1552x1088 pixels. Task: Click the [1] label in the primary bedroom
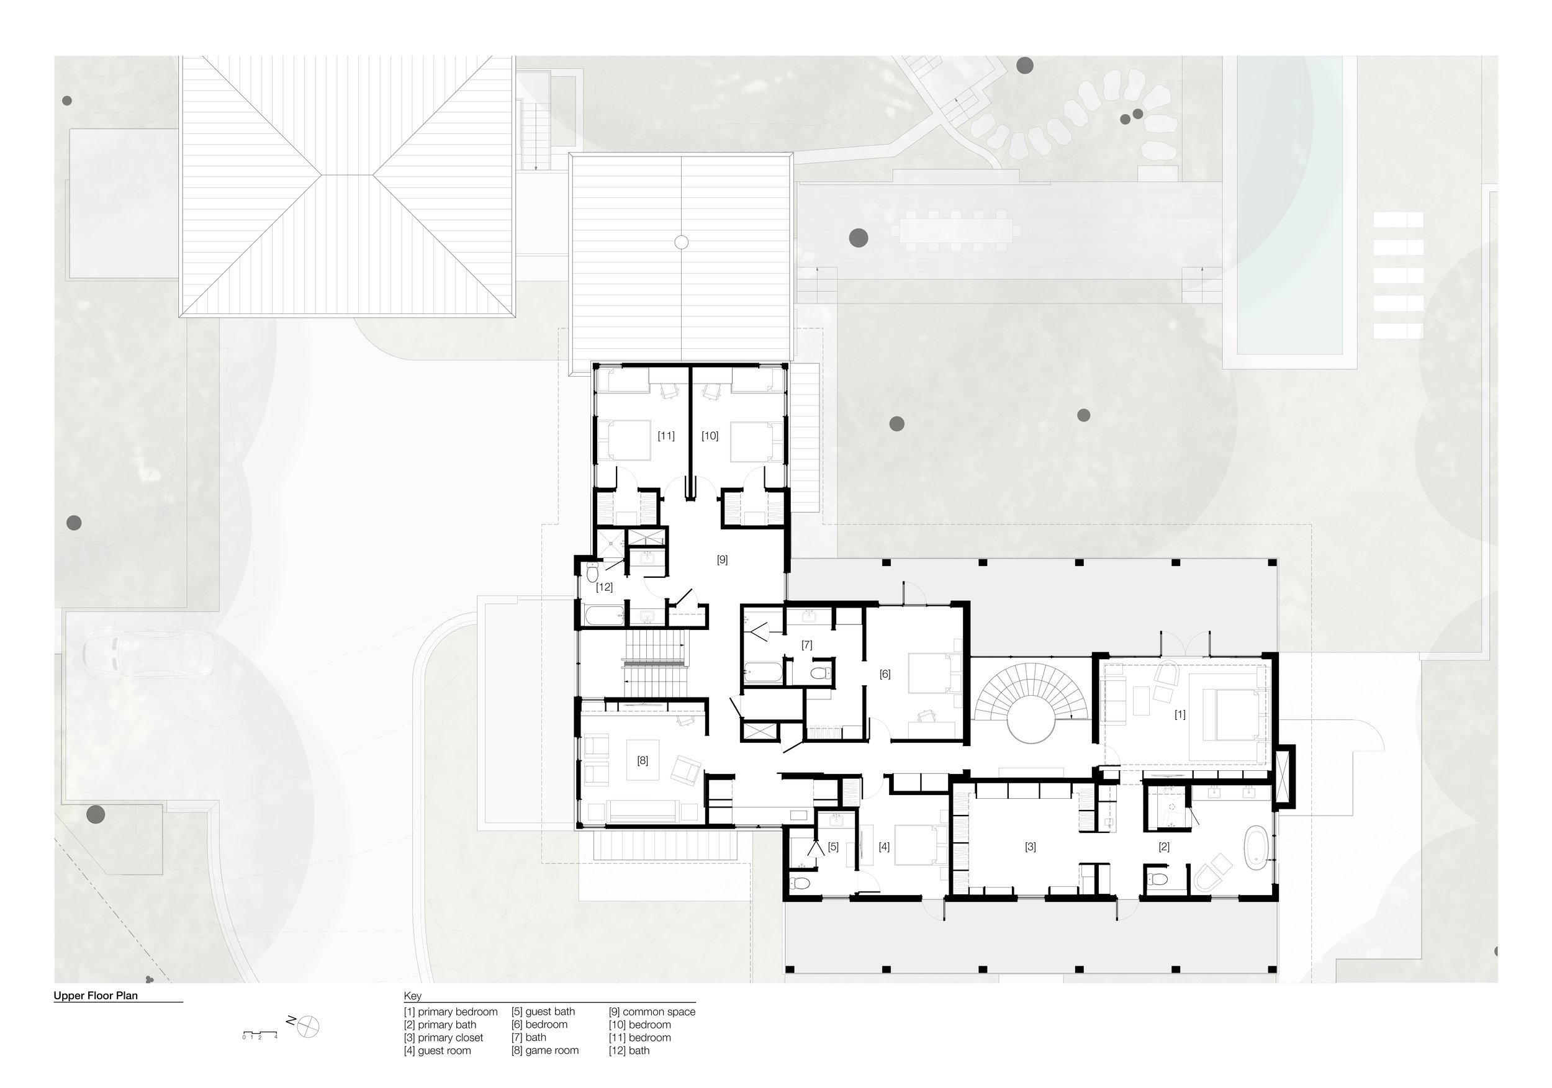click(1180, 714)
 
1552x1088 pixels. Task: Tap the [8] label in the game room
click(642, 760)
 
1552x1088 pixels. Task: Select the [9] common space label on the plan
click(722, 560)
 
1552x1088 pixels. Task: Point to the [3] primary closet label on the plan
click(1030, 846)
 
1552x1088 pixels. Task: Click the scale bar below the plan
click(260, 1034)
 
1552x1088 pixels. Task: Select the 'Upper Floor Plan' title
click(96, 996)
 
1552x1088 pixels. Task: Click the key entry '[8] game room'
click(545, 1050)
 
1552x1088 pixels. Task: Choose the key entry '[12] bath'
click(629, 1050)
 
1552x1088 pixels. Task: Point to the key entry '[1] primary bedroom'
click(451, 1012)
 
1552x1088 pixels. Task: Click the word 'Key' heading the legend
click(413, 996)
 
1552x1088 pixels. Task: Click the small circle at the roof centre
click(682, 242)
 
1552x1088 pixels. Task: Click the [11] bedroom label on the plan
click(666, 436)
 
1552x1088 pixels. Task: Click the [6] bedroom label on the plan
click(885, 674)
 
